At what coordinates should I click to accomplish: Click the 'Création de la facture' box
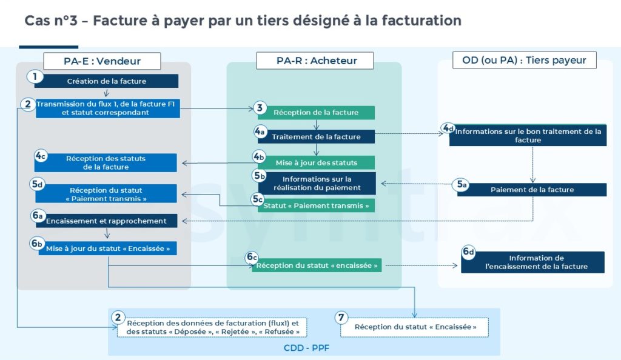pos(106,81)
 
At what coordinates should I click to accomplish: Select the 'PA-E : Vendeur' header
pos(102,61)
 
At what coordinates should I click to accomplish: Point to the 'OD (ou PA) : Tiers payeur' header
pos(524,60)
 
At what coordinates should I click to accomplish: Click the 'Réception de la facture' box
pos(316,112)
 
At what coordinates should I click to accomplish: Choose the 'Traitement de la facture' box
pos(316,136)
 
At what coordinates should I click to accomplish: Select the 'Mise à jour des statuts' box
pos(316,162)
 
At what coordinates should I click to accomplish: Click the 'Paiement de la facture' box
pos(532,190)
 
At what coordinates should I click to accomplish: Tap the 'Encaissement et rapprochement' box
pos(106,221)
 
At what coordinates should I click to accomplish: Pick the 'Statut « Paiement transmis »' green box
pos(316,205)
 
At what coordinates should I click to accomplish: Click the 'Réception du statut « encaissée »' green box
pos(317,265)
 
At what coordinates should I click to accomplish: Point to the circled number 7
pos(342,317)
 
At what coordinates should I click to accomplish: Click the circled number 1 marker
pos(35,77)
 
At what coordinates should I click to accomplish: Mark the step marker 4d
pos(448,128)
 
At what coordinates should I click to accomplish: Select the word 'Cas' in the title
pos(38,21)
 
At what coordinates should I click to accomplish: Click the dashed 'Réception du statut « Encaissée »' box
pos(415,327)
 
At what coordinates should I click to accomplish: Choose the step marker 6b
pos(38,243)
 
